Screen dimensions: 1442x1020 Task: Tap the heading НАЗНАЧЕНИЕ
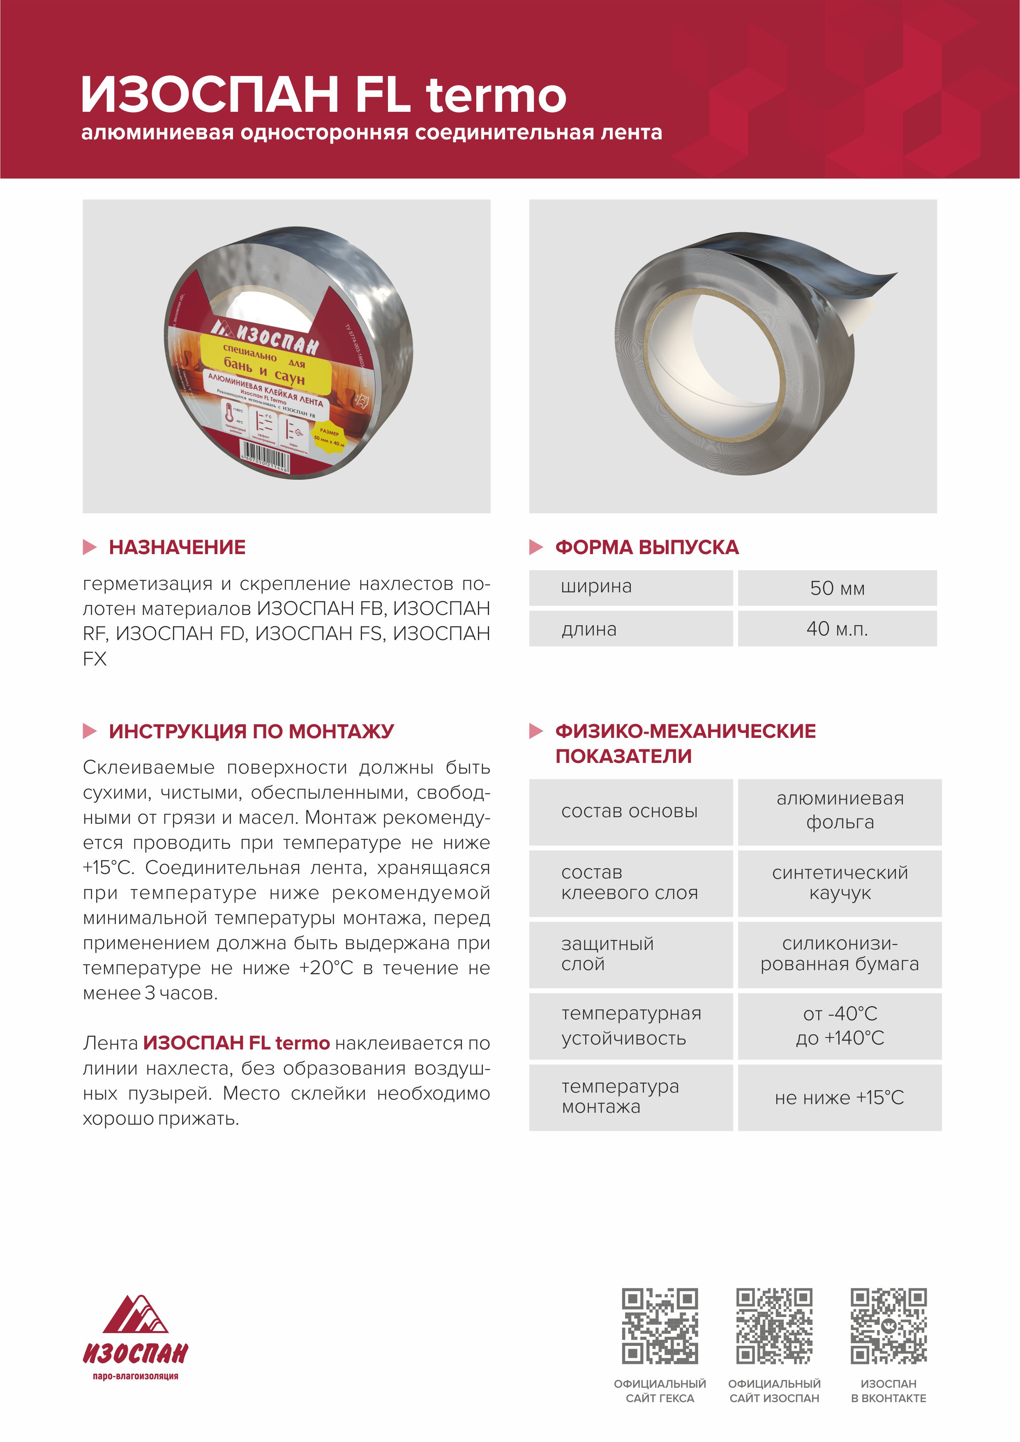click(177, 547)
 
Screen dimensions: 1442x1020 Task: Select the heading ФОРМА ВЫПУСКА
click(646, 547)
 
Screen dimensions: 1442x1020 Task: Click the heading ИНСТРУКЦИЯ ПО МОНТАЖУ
click(251, 731)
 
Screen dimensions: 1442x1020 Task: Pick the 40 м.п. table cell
click(837, 629)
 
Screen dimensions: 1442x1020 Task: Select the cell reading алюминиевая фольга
click(840, 810)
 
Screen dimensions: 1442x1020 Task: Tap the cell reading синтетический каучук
click(840, 883)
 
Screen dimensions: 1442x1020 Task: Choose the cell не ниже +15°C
click(840, 1098)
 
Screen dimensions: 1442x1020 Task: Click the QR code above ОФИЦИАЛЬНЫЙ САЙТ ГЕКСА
click(660, 1326)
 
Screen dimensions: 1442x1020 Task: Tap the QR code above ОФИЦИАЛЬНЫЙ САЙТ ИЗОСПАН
click(774, 1326)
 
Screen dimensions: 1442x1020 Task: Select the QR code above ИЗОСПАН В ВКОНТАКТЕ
click(889, 1326)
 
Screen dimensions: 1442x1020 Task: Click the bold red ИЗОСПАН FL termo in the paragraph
click(236, 1043)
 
